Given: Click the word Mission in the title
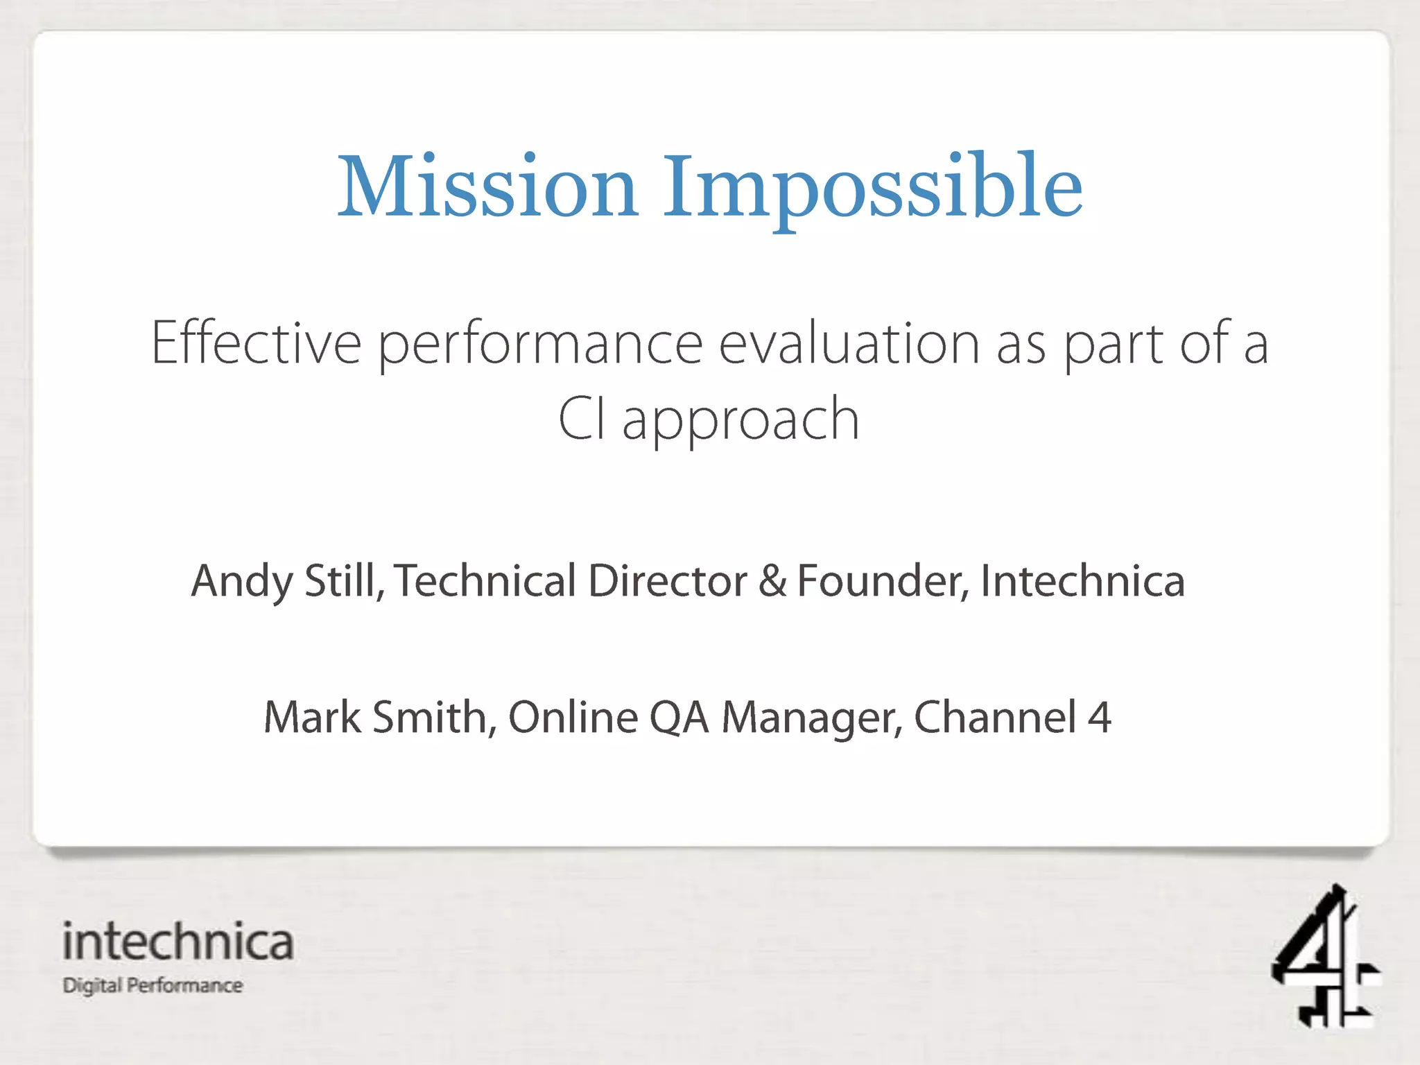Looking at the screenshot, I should (487, 187).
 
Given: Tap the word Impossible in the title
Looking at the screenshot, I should (872, 189).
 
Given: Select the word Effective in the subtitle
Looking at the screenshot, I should (256, 343).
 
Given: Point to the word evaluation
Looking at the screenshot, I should (849, 343).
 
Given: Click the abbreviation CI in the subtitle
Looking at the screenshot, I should (582, 419).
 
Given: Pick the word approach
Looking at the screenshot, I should (741, 422).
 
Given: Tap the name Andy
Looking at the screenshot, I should (242, 581).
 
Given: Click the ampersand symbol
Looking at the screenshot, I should (772, 580).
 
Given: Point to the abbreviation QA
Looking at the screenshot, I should (679, 717).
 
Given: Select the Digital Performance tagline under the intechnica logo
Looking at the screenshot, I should (153, 985).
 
